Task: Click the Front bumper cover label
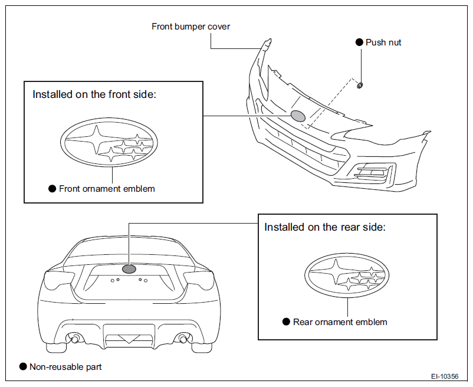[x=190, y=27]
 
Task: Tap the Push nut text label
[x=383, y=42]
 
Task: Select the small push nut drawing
[x=360, y=86]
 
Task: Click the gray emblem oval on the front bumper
[x=298, y=116]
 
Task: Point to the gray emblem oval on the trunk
[x=129, y=269]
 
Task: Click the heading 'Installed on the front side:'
[x=94, y=94]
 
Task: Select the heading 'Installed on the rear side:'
[x=325, y=227]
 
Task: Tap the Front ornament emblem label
[x=107, y=189]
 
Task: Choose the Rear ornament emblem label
[x=340, y=322]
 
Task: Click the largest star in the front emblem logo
[x=97, y=139]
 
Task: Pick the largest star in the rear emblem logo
[x=335, y=272]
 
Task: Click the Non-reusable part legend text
[x=65, y=367]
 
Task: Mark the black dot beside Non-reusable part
[x=23, y=366]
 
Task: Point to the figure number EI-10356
[x=445, y=376]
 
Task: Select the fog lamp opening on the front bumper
[x=373, y=172]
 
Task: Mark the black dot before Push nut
[x=359, y=42]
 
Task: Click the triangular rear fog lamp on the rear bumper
[x=129, y=339]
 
